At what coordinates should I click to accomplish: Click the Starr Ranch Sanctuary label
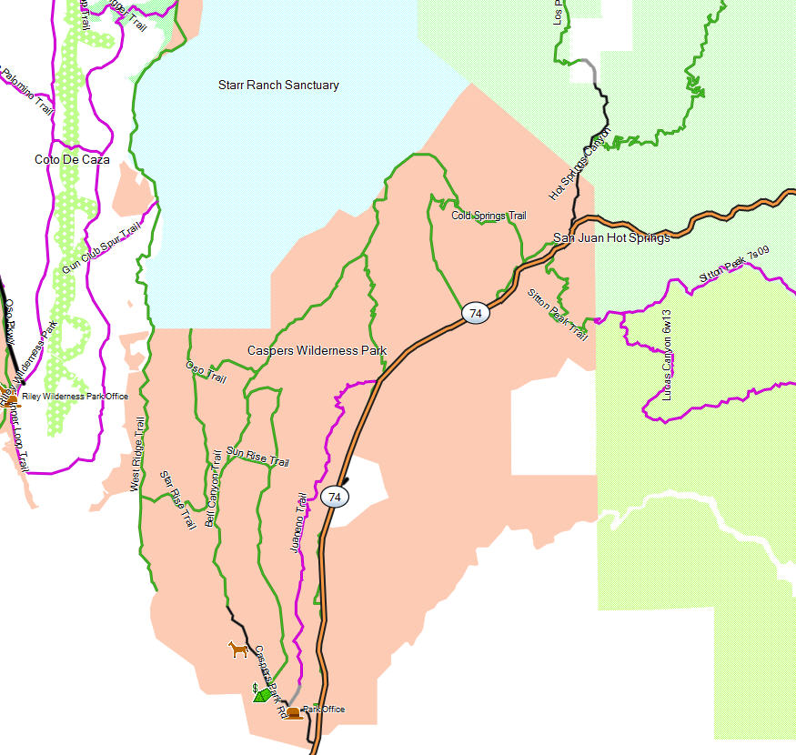(x=278, y=86)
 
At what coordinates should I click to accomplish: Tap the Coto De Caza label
(x=72, y=159)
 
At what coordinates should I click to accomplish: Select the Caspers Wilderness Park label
(x=317, y=350)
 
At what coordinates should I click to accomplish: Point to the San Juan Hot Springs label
(x=611, y=238)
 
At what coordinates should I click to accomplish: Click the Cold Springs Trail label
(x=489, y=216)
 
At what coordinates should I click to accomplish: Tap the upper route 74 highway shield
(x=475, y=314)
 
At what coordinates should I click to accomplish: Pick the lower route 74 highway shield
(x=335, y=497)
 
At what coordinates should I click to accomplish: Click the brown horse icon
(x=237, y=649)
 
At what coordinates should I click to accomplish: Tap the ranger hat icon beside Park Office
(x=293, y=712)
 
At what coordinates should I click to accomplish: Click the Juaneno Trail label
(x=297, y=524)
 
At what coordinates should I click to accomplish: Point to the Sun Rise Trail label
(x=257, y=457)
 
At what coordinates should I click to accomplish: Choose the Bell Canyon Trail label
(x=213, y=489)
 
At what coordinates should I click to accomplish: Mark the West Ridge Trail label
(x=138, y=455)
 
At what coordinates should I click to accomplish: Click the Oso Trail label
(x=206, y=371)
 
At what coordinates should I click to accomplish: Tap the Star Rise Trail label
(x=178, y=499)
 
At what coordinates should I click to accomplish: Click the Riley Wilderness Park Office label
(x=75, y=397)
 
